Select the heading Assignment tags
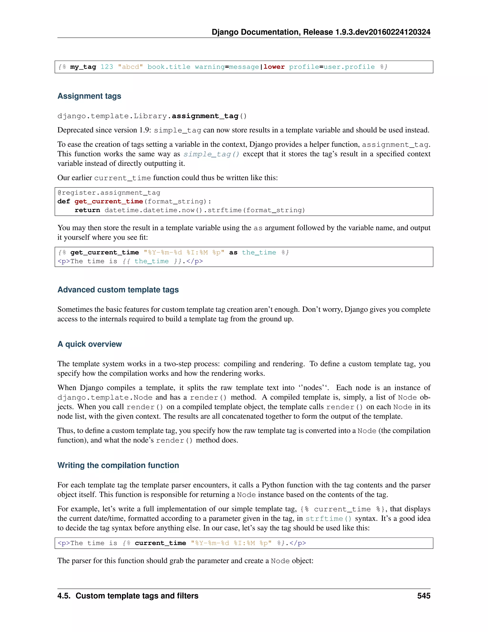pyautogui.click(x=89, y=96)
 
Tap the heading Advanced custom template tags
pyautogui.click(x=118, y=290)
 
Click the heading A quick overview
pyautogui.click(x=90, y=344)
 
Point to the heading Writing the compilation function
pyautogui.click(x=118, y=465)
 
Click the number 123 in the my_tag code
pyautogui.click(x=107, y=67)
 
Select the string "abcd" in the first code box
pyautogui.click(x=130, y=67)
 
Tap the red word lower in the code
pyautogui.click(x=274, y=67)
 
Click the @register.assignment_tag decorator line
pyautogui.click(x=109, y=193)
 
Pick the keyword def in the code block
pyautogui.click(x=64, y=202)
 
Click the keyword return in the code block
pyautogui.click(x=87, y=210)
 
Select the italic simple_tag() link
pyautogui.click(x=211, y=154)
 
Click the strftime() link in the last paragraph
pyautogui.click(x=328, y=518)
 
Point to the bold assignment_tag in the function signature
pyautogui.click(x=205, y=116)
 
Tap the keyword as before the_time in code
pyautogui.click(x=233, y=253)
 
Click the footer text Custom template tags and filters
pyautogui.click(x=137, y=596)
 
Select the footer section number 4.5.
pyautogui.click(x=64, y=596)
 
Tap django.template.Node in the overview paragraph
pyautogui.click(x=105, y=398)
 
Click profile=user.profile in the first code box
pyautogui.click(x=332, y=67)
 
